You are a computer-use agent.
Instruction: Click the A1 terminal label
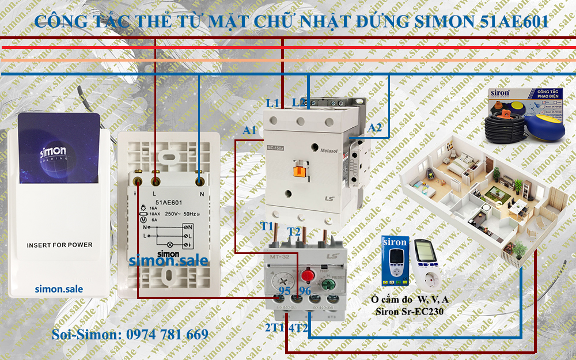pyautogui.click(x=249, y=131)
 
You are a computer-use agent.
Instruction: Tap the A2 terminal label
pyautogui.click(x=374, y=127)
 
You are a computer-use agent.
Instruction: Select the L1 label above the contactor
pyautogui.click(x=272, y=103)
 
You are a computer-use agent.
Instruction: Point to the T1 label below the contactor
pyautogui.click(x=267, y=226)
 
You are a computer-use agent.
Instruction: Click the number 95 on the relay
pyautogui.click(x=285, y=290)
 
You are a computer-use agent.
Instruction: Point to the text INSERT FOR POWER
pyautogui.click(x=59, y=245)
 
